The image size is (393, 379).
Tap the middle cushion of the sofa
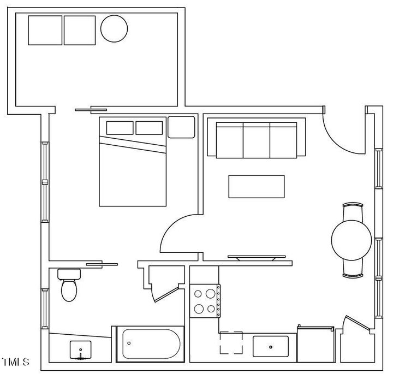(256, 139)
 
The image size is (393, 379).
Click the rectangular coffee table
(257, 187)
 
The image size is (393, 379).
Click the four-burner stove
(204, 301)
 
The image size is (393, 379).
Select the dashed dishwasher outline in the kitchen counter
(231, 343)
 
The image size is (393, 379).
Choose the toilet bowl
(69, 290)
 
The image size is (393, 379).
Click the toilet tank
(69, 273)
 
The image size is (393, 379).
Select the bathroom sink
(81, 350)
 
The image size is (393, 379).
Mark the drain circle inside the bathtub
(129, 344)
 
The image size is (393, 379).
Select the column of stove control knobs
(218, 301)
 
